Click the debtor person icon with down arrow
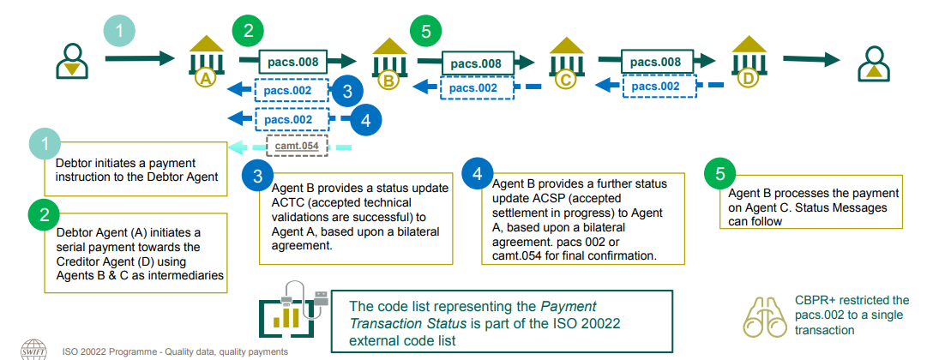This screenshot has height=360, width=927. coord(72,58)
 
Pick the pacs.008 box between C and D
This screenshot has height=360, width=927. coord(655,62)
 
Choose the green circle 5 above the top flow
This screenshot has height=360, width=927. coord(420,32)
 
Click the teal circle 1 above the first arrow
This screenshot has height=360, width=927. coord(120,32)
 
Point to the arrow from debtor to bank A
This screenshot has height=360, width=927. coord(141,59)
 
